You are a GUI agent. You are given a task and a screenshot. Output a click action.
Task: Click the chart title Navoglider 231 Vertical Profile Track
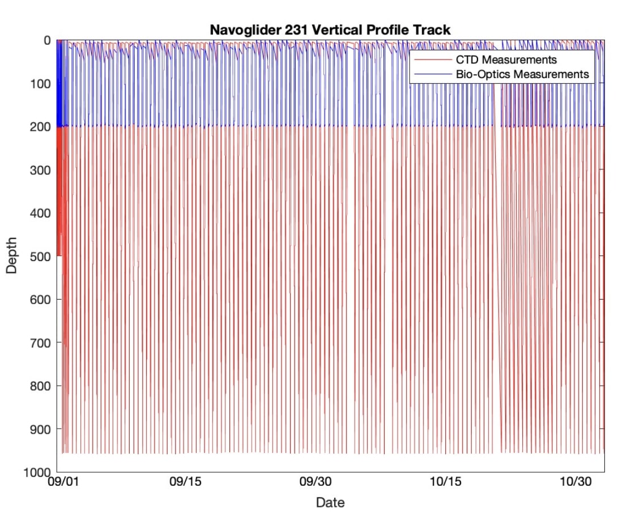tap(330, 29)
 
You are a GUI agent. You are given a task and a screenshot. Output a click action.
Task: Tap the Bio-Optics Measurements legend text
tap(522, 74)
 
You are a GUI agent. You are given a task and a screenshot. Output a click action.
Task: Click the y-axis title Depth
tap(12, 256)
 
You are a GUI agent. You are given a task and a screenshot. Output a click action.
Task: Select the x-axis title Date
tap(330, 502)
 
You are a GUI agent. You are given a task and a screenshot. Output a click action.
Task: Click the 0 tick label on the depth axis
tap(47, 41)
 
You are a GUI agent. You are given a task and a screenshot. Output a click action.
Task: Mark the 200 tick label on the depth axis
tap(41, 127)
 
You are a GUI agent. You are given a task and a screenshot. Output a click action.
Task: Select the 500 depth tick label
tap(41, 257)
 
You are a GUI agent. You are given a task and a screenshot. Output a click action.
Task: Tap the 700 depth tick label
tap(41, 343)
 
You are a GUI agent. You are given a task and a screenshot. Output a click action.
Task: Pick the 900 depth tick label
tap(41, 429)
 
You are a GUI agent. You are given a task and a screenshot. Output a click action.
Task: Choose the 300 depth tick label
tap(41, 170)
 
